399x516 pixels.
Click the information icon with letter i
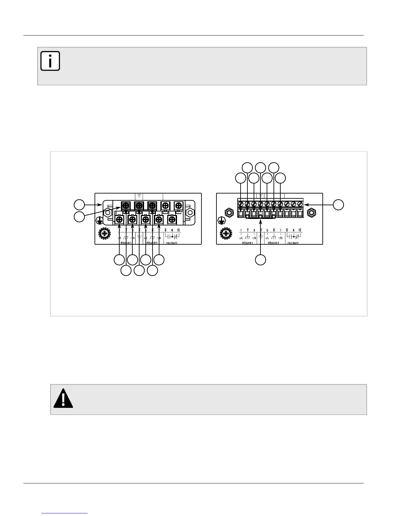point(50,61)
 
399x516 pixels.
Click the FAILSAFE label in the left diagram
point(172,243)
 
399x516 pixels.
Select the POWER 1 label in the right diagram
point(247,243)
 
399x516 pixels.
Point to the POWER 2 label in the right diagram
point(273,243)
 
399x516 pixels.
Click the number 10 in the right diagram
point(300,230)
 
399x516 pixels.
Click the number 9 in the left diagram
point(172,230)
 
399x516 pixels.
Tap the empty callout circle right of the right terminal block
point(338,205)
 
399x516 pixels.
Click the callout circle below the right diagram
point(260,260)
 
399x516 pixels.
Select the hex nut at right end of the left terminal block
point(189,213)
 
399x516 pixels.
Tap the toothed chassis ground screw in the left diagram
point(104,234)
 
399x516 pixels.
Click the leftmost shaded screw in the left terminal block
point(126,206)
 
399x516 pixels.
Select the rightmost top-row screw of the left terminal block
point(178,206)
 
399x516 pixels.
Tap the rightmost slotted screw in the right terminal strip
point(300,204)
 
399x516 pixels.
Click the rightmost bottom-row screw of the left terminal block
point(172,220)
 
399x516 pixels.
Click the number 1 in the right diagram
point(241,230)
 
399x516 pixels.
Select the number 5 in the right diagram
point(267,230)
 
